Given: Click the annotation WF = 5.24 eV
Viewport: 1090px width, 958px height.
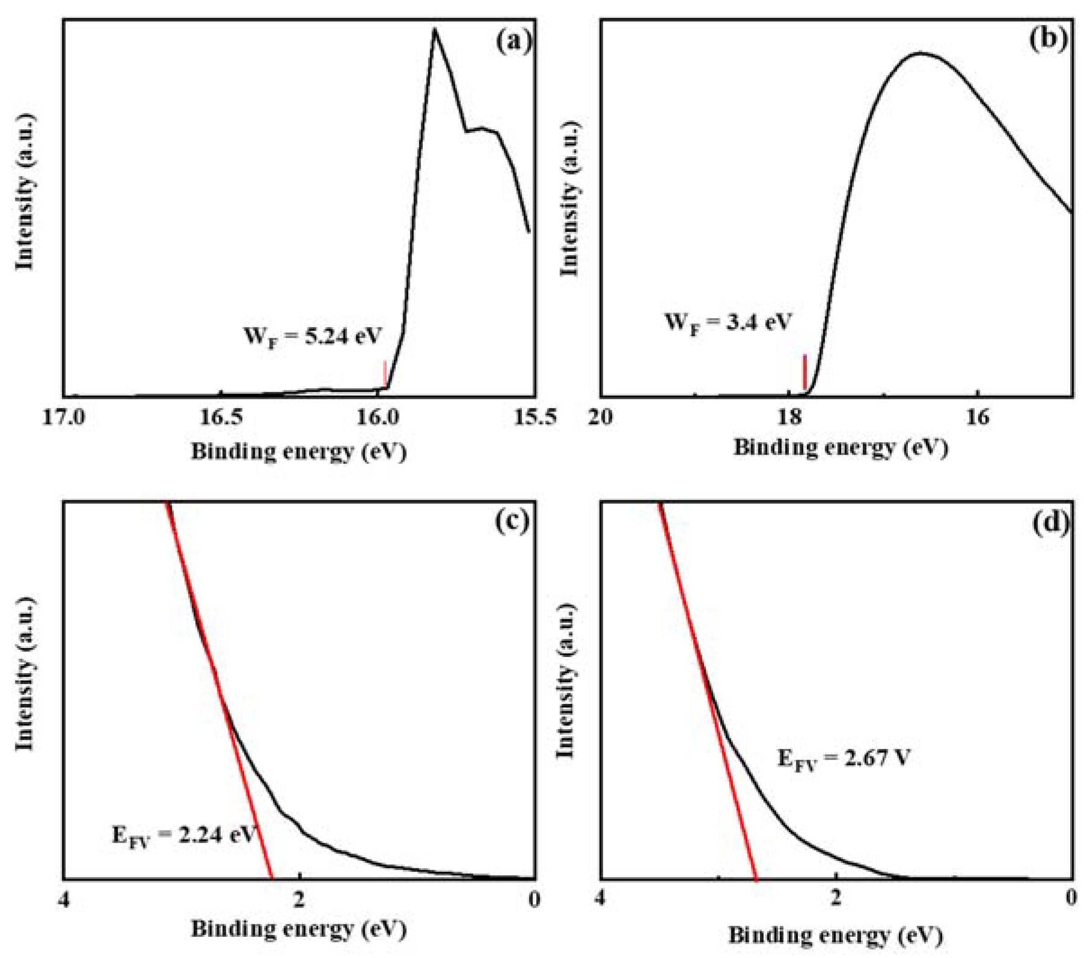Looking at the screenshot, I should pos(312,337).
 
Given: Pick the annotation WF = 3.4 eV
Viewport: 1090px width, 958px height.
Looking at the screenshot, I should pos(728,323).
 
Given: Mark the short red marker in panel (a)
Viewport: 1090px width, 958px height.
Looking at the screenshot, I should pos(385,373).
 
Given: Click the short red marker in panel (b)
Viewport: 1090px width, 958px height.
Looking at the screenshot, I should pos(804,372).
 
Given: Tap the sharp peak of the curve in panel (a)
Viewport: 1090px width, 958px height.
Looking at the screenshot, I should pos(435,29).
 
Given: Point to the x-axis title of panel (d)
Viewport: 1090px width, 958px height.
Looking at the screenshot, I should pos(836,935).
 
